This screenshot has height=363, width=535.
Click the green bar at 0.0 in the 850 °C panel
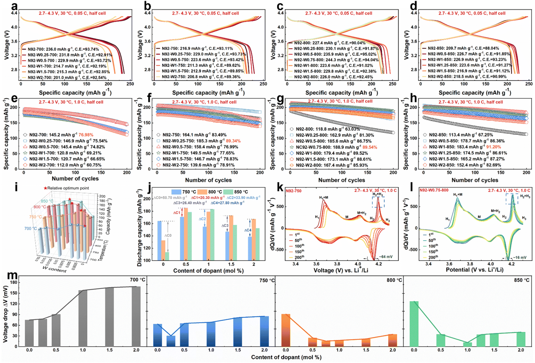(414, 324)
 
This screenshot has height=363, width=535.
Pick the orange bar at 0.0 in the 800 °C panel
(286, 330)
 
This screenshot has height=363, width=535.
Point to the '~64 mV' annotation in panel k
(386, 257)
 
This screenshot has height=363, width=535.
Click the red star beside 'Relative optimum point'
(45, 188)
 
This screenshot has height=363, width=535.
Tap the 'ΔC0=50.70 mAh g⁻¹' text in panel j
(170, 197)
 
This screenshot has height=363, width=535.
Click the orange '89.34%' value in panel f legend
(233, 141)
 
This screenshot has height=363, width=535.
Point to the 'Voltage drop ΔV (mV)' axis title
(5, 314)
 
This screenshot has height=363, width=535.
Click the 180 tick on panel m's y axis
(13, 282)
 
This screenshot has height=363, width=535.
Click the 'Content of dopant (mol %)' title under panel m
(286, 357)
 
